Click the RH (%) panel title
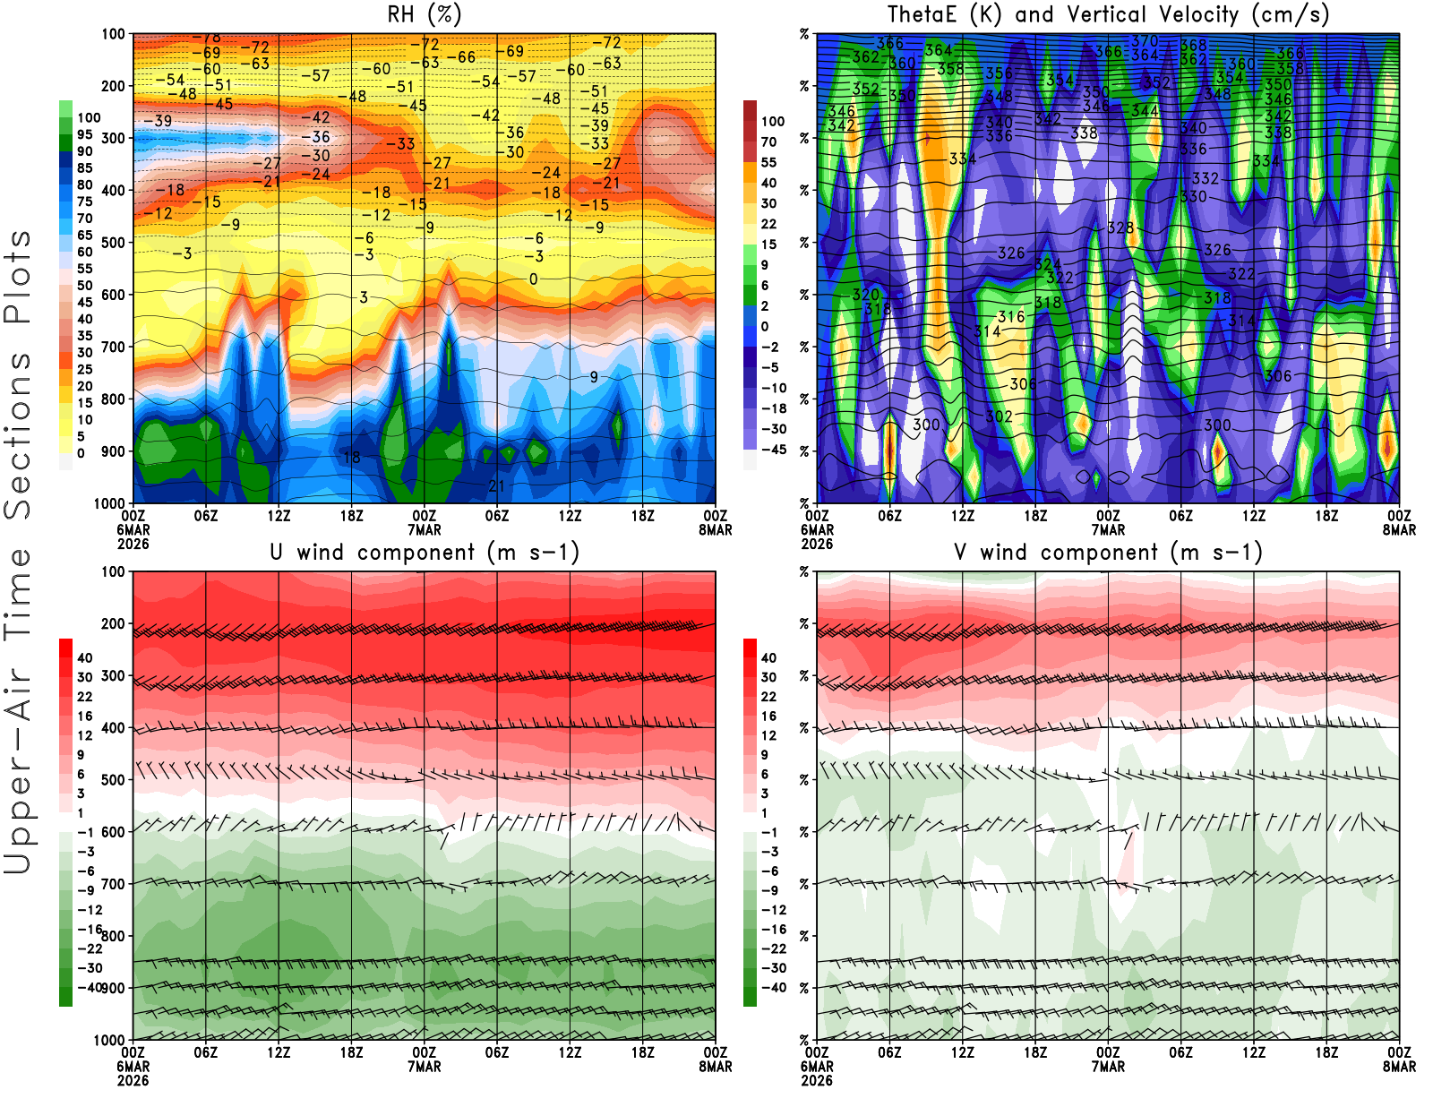[x=425, y=14]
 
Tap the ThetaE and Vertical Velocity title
[x=1108, y=14]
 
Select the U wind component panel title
[x=425, y=552]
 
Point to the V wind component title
[x=1108, y=552]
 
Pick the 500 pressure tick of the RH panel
[x=114, y=242]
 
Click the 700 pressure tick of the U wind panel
[x=114, y=884]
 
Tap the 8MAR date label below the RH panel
[x=715, y=530]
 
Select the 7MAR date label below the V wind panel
[x=1108, y=1067]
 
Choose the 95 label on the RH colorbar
[x=84, y=134]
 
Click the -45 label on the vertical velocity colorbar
[x=773, y=450]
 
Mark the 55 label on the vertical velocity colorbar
[x=768, y=162]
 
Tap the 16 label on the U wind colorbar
[x=84, y=716]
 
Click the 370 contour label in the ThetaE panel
[x=1145, y=41]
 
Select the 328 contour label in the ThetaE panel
[x=1120, y=228]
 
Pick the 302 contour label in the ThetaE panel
[x=999, y=416]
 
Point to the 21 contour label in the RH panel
[x=496, y=486]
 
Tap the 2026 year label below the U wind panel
[x=133, y=1080]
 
